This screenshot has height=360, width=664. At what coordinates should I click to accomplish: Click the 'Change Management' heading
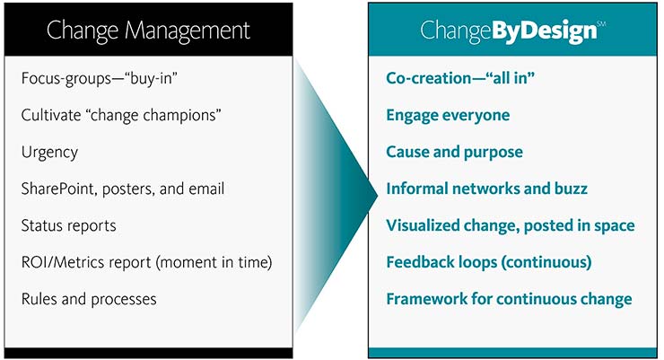pos(148,31)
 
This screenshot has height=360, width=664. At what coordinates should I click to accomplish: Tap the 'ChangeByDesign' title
pos(508,31)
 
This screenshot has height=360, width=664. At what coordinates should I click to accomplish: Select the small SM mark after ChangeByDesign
pos(601,23)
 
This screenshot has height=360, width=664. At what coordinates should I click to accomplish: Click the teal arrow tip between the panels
pos(377,195)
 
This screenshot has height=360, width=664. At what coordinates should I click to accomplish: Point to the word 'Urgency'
pos(49,153)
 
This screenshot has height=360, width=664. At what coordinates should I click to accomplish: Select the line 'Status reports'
pos(68,225)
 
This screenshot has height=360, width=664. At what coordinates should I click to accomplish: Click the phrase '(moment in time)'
pos(214,262)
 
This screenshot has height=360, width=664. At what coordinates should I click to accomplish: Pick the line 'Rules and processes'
pos(89,300)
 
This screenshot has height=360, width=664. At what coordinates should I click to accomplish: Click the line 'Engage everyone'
pos(448,115)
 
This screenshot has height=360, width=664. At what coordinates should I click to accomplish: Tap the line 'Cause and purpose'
pos(454,152)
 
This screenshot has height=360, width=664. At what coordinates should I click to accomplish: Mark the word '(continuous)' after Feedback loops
pos(546,262)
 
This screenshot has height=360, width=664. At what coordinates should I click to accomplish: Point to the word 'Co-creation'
pos(429,78)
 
